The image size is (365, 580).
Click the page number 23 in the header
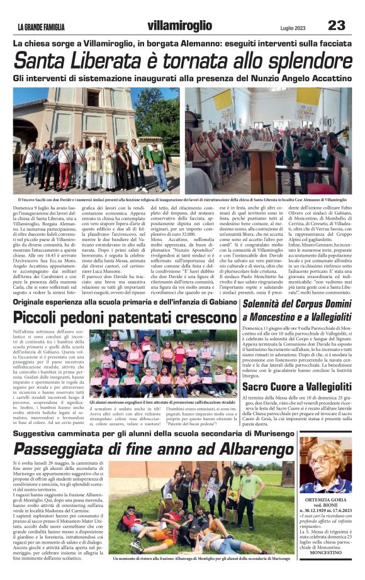click(337, 25)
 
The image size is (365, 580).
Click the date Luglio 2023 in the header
click(293, 27)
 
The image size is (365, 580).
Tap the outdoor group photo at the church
click(96, 140)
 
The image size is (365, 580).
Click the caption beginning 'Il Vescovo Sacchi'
click(182, 199)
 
